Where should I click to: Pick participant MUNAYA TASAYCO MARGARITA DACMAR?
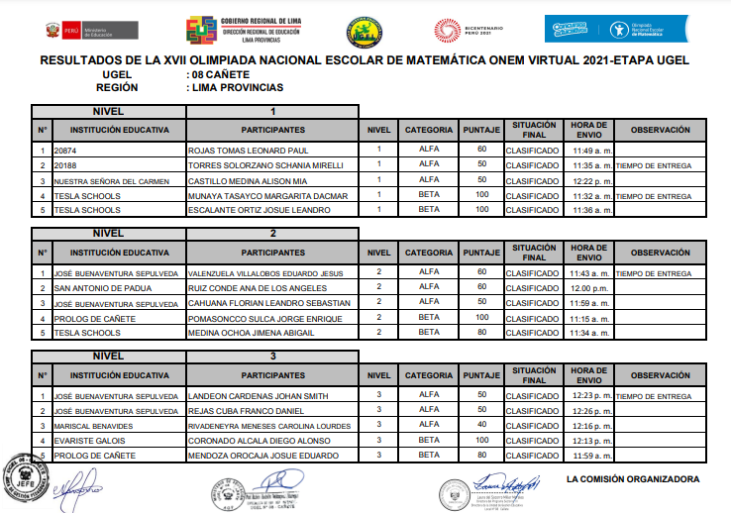pos(267,196)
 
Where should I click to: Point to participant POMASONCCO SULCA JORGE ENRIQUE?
pos(263,318)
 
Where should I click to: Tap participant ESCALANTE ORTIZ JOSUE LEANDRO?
pos(258,211)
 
